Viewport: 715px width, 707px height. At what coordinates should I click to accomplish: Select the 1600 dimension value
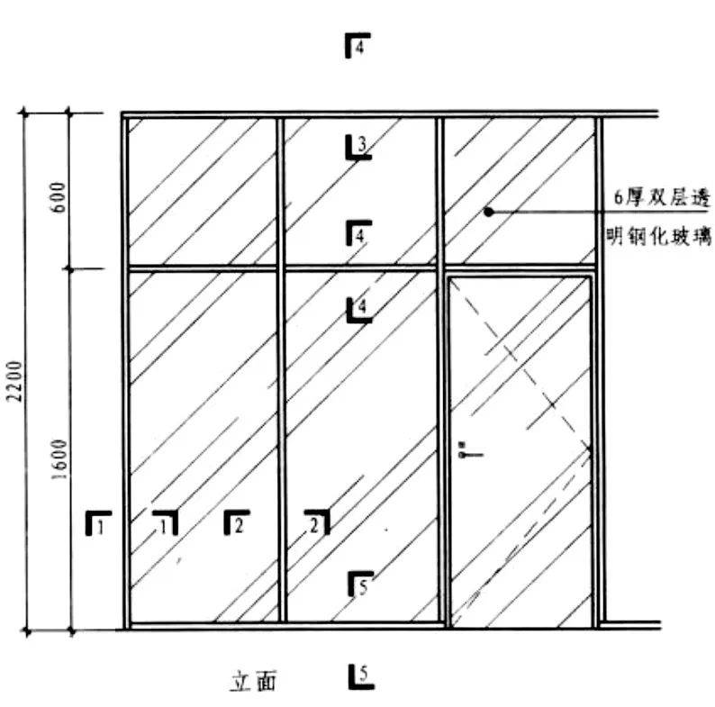60,459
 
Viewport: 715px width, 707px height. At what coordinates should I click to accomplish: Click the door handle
466,451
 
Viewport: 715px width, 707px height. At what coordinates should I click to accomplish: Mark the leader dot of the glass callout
488,212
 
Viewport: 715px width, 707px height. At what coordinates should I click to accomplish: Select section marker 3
358,146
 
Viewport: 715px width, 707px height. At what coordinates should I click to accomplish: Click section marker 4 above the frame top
357,46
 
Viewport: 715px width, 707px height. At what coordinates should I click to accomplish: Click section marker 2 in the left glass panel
237,522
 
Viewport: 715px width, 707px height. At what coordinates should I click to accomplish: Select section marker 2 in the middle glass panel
316,522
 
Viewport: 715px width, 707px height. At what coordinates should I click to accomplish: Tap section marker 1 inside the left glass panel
165,522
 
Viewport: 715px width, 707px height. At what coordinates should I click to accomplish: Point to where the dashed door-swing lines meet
590,449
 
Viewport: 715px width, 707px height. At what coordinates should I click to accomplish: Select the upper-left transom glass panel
201,191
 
